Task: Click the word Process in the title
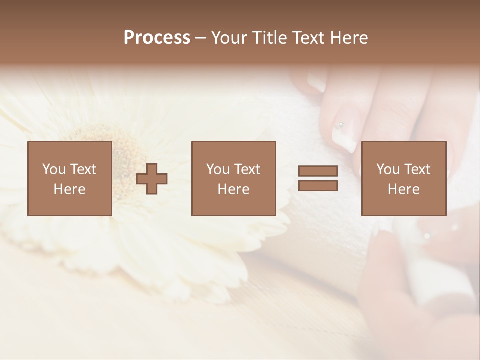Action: point(157,38)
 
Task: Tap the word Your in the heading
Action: point(230,38)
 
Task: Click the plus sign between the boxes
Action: point(152,179)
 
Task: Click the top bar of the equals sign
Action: point(318,171)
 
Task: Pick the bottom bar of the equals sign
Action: point(318,186)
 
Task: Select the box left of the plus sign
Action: point(70,178)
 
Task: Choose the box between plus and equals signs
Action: point(234,178)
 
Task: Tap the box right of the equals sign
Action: point(404,178)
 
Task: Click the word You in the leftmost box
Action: point(54,169)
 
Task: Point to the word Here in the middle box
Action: point(234,189)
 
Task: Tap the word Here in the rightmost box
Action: point(404,189)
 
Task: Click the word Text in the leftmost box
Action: point(82,169)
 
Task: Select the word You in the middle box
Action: point(218,169)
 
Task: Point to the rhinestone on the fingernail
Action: point(340,125)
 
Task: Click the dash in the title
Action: point(200,38)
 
